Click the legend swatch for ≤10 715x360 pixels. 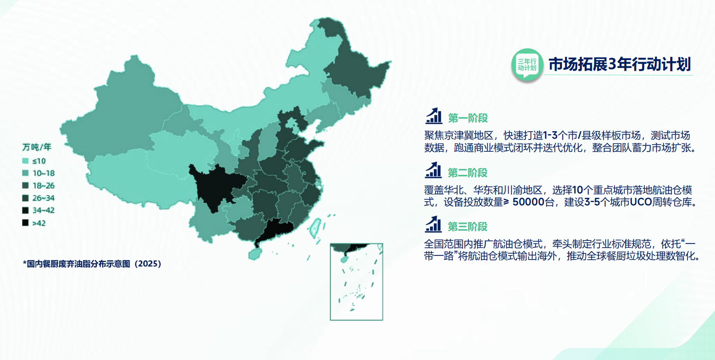26,161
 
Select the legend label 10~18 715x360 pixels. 44,173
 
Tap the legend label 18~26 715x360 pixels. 44,186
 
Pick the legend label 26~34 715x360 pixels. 44,198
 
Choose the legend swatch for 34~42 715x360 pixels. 26,210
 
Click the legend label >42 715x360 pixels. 39,223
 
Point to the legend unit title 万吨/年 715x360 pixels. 37,147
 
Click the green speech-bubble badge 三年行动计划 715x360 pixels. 527,65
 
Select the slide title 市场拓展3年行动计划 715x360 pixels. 620,64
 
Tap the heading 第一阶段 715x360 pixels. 468,118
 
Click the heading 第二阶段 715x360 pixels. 468,173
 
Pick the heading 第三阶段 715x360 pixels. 468,226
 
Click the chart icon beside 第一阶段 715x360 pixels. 433,116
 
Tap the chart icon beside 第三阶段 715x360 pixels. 433,224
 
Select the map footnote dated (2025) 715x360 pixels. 92,264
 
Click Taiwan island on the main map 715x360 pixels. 315,228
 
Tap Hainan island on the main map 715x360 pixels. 255,253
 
